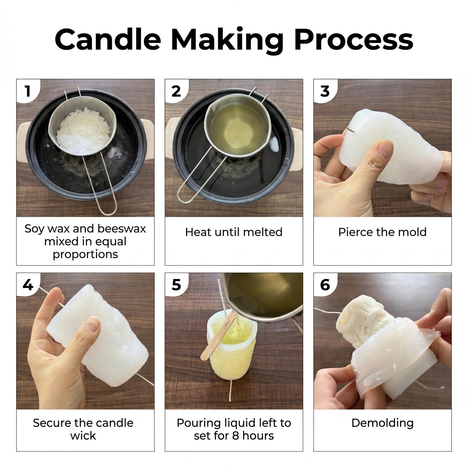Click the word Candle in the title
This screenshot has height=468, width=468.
108,39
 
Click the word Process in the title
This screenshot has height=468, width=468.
354,39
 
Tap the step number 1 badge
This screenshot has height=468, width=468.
28,91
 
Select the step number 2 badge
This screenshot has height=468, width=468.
176,91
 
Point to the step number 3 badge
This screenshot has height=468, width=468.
325,91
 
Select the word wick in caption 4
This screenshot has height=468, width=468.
83,436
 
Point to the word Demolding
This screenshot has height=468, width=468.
383,423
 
